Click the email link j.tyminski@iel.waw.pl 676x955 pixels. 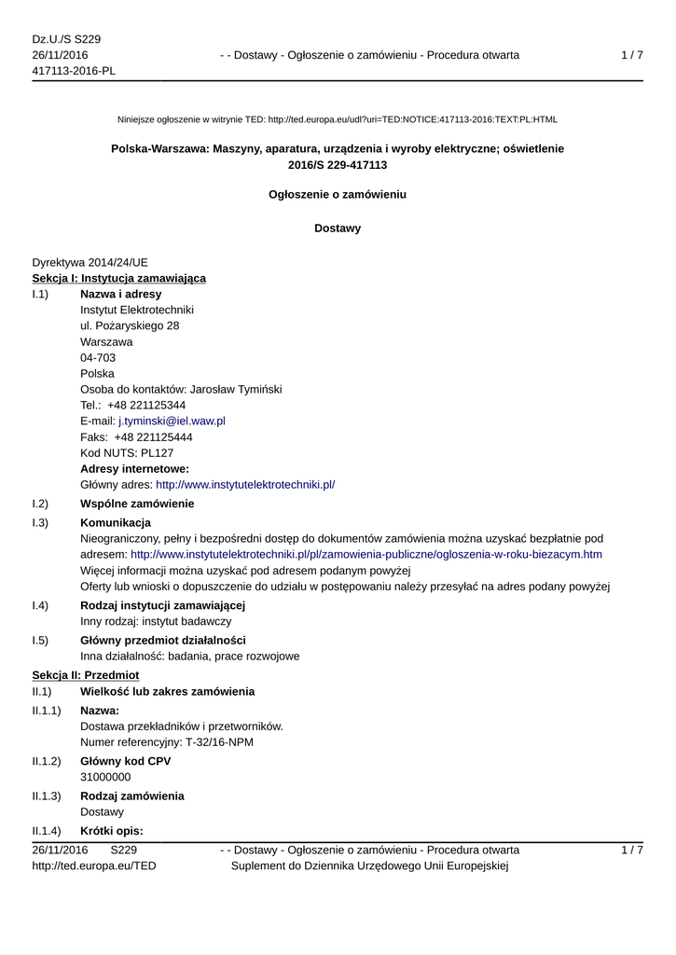pyautogui.click(x=172, y=421)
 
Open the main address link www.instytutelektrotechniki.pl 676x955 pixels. pyautogui.click(x=245, y=484)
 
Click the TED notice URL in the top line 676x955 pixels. pyautogui.click(x=412, y=119)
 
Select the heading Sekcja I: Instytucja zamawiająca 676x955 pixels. pyautogui.click(x=119, y=278)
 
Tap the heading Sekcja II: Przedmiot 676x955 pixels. pyautogui.click(x=86, y=674)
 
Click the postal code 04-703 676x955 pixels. pyautogui.click(x=98, y=357)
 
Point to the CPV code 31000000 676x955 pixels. pyautogui.click(x=105, y=777)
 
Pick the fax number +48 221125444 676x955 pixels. pyautogui.click(x=154, y=436)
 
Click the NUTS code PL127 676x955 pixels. pyautogui.click(x=150, y=452)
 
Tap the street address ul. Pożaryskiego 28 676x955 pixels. pyautogui.click(x=130, y=325)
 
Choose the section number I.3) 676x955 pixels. pyautogui.click(x=40, y=522)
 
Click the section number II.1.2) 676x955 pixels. pyautogui.click(x=47, y=761)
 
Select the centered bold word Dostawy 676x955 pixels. pyautogui.click(x=338, y=228)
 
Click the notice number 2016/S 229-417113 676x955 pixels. pyautogui.click(x=338, y=165)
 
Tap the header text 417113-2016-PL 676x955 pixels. pyautogui.click(x=74, y=71)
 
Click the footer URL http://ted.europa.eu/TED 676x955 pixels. pyautogui.click(x=94, y=865)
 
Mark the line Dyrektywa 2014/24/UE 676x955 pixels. pyautogui.click(x=90, y=262)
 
